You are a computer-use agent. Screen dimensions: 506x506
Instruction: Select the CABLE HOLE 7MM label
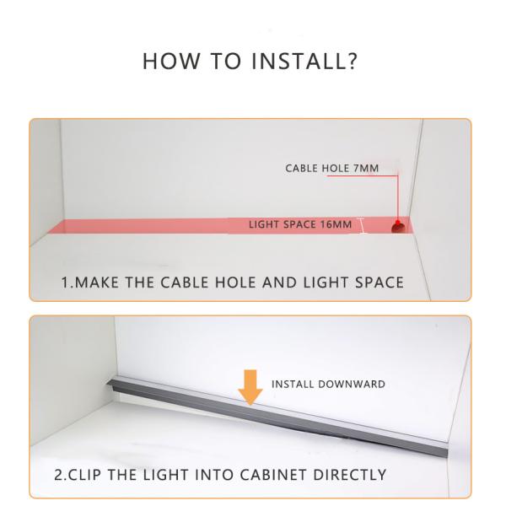tap(332, 169)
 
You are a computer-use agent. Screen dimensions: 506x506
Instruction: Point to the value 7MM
tap(366, 169)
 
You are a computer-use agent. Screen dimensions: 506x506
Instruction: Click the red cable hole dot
tap(396, 225)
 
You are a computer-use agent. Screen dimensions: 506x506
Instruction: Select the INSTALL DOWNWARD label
tap(327, 384)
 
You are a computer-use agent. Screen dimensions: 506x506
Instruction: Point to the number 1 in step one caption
tap(64, 281)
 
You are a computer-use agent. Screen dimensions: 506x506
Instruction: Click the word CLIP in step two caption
tap(88, 473)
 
